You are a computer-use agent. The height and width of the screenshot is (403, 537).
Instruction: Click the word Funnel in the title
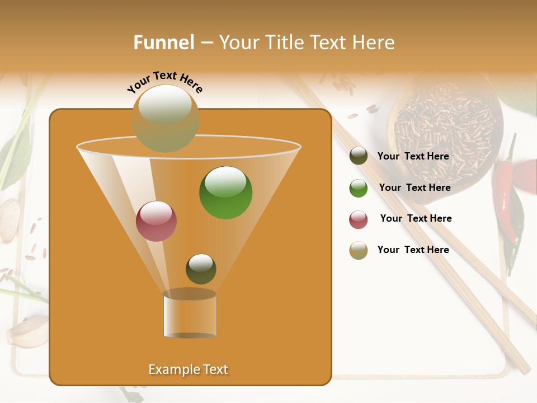(x=163, y=43)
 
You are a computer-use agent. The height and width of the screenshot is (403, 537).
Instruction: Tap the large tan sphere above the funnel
(x=166, y=119)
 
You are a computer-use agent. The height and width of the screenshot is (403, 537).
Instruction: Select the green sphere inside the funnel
(x=225, y=193)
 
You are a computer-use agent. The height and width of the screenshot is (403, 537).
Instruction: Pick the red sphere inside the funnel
(x=156, y=221)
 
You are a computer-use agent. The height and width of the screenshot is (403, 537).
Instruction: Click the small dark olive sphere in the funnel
(x=201, y=269)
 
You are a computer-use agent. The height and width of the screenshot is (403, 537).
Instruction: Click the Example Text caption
(x=188, y=369)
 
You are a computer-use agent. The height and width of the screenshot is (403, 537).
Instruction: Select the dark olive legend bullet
(x=359, y=156)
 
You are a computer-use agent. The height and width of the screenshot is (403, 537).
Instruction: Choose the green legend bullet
(x=359, y=188)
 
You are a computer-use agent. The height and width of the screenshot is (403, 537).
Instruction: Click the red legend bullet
(x=359, y=219)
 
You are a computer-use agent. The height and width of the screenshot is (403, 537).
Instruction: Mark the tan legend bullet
(x=359, y=250)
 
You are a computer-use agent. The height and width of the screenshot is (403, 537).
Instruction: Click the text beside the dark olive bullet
(x=413, y=157)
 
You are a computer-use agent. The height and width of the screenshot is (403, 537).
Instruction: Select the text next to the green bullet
(x=414, y=188)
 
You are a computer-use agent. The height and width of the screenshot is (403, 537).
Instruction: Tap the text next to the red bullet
(x=416, y=219)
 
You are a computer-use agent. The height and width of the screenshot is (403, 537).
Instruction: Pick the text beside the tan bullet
(x=413, y=250)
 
